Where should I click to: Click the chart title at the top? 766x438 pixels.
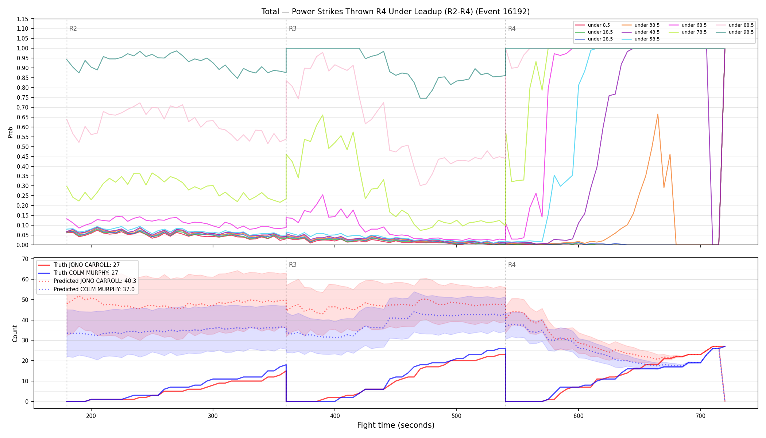click(x=395, y=12)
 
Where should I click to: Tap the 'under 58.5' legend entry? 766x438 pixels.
click(x=640, y=39)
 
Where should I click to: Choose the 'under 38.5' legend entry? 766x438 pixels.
click(x=640, y=25)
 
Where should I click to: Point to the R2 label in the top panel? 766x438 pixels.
click(x=73, y=28)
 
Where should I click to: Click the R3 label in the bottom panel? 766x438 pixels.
click(x=293, y=265)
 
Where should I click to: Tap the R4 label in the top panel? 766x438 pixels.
click(x=512, y=28)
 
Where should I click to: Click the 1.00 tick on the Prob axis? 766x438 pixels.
click(x=23, y=48)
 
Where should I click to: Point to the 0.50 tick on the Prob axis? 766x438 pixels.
click(x=23, y=147)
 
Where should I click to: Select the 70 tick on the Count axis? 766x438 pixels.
click(x=25, y=259)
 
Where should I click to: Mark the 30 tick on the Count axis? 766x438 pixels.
click(x=25, y=341)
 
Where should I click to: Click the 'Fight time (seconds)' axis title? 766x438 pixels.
click(x=396, y=425)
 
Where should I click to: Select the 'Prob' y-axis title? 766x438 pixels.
click(x=10, y=132)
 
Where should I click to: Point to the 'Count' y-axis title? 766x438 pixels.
click(x=15, y=333)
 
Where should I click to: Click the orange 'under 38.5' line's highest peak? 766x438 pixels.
click(x=658, y=114)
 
